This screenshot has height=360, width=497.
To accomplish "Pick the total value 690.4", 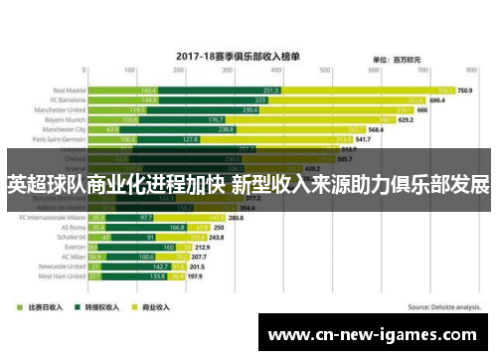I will point(435,100).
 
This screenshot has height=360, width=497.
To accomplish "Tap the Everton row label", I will point(75,247).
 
